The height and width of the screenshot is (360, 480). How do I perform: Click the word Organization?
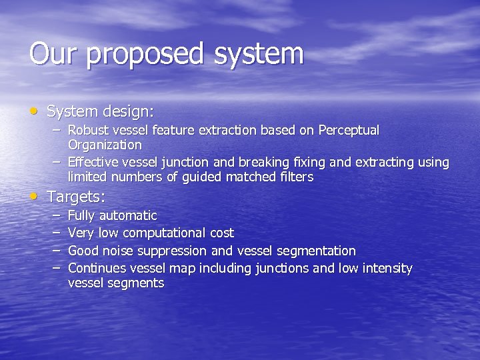pos(105,145)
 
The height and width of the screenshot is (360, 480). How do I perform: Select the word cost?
pos(222,233)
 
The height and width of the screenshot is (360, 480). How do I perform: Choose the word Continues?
pos(98,268)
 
